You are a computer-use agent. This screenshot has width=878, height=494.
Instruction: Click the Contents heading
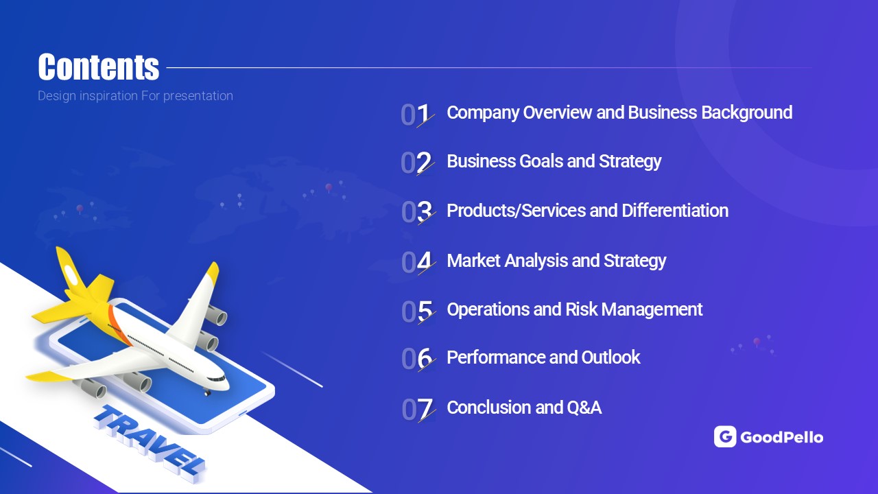[98, 67]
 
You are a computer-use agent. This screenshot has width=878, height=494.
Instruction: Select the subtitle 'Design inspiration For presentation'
[135, 95]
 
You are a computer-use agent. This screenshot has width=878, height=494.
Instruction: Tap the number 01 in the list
[416, 115]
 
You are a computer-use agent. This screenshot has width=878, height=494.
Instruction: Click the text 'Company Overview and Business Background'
[619, 113]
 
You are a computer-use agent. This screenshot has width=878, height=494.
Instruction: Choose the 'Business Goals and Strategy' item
[554, 161]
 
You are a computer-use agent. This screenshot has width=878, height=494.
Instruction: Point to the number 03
[418, 213]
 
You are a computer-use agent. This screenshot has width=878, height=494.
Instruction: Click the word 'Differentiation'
[675, 211]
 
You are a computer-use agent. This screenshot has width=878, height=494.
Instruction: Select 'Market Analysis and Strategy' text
[556, 261]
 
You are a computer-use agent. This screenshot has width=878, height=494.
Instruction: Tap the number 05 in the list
[418, 312]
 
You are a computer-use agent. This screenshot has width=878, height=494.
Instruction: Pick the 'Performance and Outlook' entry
[543, 357]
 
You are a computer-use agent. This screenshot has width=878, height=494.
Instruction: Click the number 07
[418, 410]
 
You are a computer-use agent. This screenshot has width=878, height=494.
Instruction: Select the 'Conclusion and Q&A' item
[524, 408]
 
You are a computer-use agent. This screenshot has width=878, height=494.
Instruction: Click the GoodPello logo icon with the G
[725, 436]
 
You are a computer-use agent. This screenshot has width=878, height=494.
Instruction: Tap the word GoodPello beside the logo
[781, 437]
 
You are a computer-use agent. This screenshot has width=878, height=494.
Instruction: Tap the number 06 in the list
[418, 359]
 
